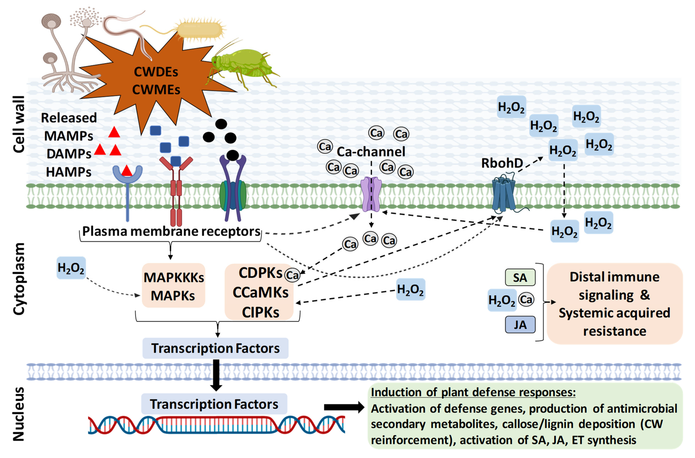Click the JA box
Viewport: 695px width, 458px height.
(x=520, y=325)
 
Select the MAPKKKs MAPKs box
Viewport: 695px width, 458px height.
(x=173, y=286)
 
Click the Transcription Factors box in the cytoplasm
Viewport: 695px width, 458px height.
(x=215, y=348)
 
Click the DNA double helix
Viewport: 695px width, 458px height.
(x=216, y=424)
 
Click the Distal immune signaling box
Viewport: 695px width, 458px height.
(x=614, y=304)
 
